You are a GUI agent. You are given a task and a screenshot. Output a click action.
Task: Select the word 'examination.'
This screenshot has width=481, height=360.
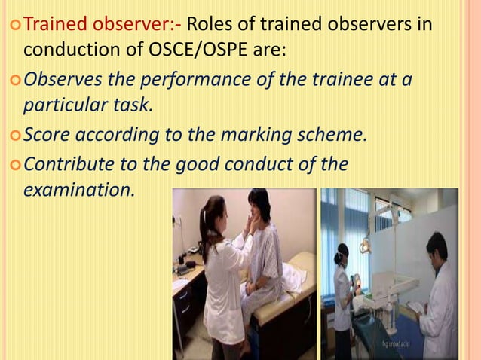[x=79, y=189]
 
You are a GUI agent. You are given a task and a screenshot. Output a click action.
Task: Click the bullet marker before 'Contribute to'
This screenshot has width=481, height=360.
[x=13, y=163]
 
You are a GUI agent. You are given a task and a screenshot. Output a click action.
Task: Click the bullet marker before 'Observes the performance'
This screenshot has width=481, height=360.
[x=13, y=78]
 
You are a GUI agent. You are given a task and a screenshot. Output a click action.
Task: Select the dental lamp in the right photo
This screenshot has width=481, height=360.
[x=365, y=246]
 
